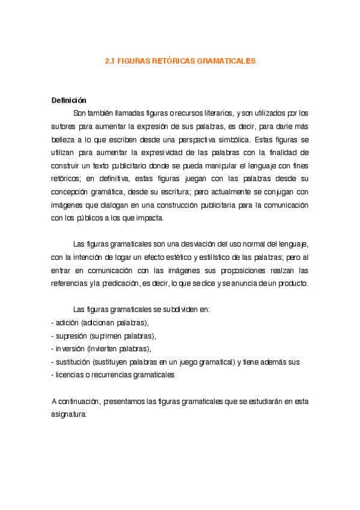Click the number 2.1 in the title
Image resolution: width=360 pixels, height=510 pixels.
coord(109,61)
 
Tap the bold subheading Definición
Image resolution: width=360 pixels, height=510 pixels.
coord(69,100)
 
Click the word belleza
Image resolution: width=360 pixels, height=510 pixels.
coord(64,138)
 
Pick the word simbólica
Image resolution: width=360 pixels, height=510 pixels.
coord(220,138)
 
